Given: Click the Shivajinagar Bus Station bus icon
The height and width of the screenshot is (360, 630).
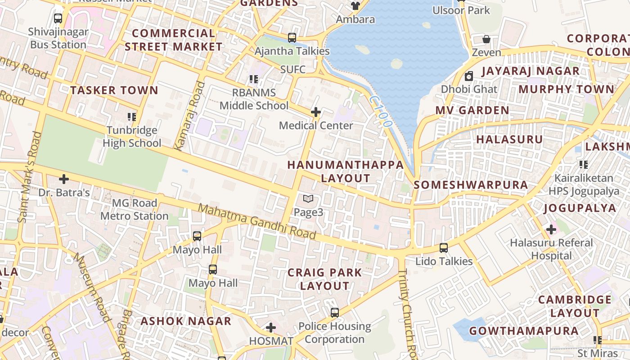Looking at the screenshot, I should (58, 18).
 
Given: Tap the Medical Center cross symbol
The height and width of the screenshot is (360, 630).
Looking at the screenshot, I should (316, 112).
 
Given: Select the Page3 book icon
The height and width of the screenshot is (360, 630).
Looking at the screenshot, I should (308, 198).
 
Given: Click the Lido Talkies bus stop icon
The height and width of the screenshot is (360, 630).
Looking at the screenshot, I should (444, 247).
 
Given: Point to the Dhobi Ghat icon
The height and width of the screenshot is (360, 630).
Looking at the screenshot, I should (469, 76).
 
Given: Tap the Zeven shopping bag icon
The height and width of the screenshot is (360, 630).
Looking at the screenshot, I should (486, 39).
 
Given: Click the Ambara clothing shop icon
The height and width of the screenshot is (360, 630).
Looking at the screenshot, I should (355, 6).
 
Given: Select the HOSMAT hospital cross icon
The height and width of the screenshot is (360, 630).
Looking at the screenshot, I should (271, 327).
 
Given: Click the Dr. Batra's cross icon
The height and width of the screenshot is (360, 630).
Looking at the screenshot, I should (64, 179).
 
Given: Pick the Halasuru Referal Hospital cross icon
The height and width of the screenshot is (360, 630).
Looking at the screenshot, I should (551, 229).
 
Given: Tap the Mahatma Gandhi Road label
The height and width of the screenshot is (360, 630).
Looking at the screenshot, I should (257, 222).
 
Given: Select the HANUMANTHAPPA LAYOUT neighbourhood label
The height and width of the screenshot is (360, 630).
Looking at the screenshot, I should (346, 171).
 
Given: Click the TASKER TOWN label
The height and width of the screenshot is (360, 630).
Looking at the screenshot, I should (114, 90).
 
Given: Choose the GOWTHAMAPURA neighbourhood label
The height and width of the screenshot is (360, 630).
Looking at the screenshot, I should (524, 331).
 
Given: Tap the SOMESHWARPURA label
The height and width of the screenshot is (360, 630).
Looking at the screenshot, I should (471, 184).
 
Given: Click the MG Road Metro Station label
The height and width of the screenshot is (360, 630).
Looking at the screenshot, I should (134, 210).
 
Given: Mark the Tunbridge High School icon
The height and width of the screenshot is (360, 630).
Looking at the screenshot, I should (131, 117).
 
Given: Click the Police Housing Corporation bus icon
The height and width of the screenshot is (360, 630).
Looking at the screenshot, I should (335, 312).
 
